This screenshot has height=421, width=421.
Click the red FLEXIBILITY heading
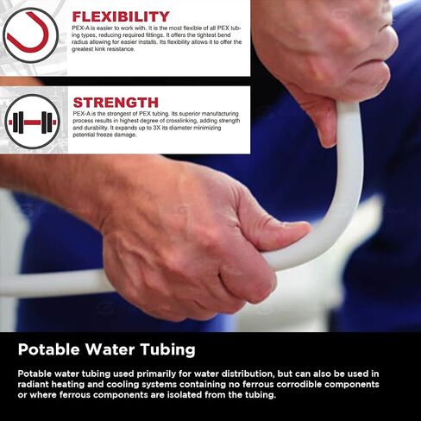pyautogui.click(x=121, y=16)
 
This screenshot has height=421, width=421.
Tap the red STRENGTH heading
pyautogui.click(x=116, y=103)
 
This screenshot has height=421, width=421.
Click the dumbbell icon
pyautogui.click(x=33, y=123)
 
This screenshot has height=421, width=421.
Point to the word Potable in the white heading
pyautogui.click(x=48, y=349)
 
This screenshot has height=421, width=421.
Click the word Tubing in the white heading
pyautogui.click(x=168, y=350)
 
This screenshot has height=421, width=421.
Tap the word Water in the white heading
pyautogui.click(x=110, y=349)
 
